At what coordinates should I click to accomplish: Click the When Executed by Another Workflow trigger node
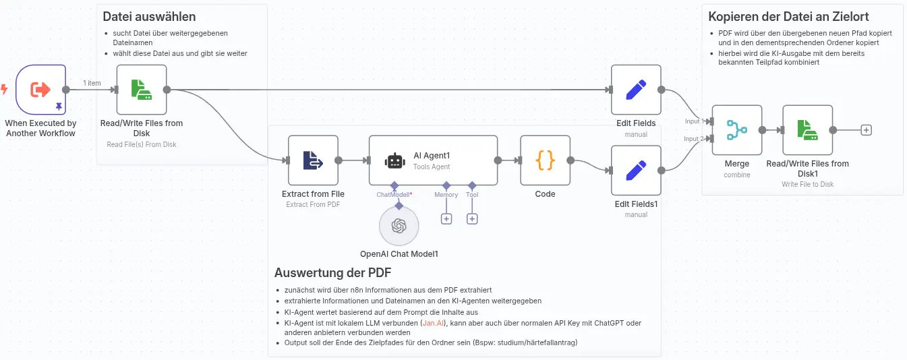[x=40, y=90]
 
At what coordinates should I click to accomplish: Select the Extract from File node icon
[x=313, y=160]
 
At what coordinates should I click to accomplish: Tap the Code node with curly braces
[x=545, y=160]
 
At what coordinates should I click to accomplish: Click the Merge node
[x=737, y=130]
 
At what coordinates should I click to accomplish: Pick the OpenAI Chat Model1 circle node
[x=399, y=226]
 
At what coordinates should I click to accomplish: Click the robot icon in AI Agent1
[x=394, y=160]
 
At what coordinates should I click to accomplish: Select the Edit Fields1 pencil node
[x=636, y=171]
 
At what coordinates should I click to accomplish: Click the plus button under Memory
[x=446, y=219]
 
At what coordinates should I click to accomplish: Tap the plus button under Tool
[x=472, y=219]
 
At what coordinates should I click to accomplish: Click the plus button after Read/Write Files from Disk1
[x=866, y=130]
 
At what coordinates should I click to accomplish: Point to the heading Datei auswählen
[x=149, y=17]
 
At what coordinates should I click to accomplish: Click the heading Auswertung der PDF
[x=333, y=272]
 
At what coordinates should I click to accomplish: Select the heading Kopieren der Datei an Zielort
[x=788, y=17]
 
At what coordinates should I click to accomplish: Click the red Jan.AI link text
[x=433, y=323]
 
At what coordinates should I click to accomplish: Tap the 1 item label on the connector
[x=92, y=83]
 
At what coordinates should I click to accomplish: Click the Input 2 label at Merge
[x=694, y=138]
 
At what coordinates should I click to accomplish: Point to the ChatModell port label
[x=392, y=195]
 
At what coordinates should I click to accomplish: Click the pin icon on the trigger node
[x=59, y=107]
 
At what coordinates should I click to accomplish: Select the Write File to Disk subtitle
[x=807, y=184]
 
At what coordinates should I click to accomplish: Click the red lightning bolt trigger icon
[x=4, y=89]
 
